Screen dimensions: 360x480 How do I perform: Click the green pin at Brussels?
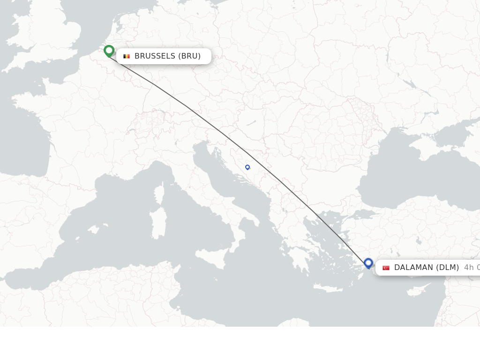pos(109,50)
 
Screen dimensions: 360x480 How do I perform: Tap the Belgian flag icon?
pos(127,56)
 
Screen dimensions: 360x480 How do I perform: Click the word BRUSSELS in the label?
pos(155,56)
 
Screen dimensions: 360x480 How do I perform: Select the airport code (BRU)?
pos(189,56)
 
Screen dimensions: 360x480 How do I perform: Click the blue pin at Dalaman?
pos(368,263)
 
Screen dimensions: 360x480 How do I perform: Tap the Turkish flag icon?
pos(386,268)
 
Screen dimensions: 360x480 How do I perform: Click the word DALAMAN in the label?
pos(414,268)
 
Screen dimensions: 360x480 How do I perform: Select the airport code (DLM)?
pos(448,268)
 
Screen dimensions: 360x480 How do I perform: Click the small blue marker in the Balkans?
pos(247,167)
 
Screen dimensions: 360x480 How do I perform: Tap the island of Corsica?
pos(160,193)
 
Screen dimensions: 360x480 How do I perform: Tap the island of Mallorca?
pos(94,230)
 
